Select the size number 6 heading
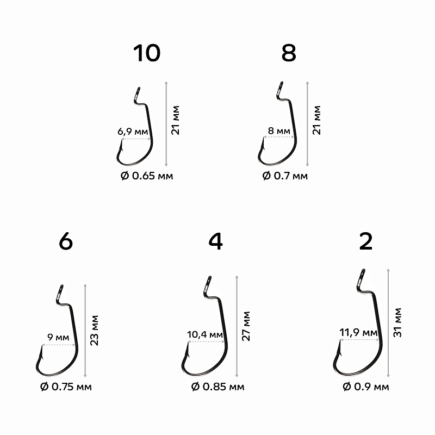coord(65,243)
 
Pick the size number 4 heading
coord(215,243)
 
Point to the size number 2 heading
coord(366,243)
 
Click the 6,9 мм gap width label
coord(133,132)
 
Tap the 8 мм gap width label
coord(279,131)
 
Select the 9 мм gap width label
coord(59,338)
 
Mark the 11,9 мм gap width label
coord(358,332)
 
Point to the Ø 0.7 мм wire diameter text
coord(284,176)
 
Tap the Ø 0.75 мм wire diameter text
coord(66,387)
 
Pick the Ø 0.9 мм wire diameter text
coord(365,387)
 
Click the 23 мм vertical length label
coord(95,330)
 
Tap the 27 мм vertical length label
coord(247,326)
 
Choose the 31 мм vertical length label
coord(398,322)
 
